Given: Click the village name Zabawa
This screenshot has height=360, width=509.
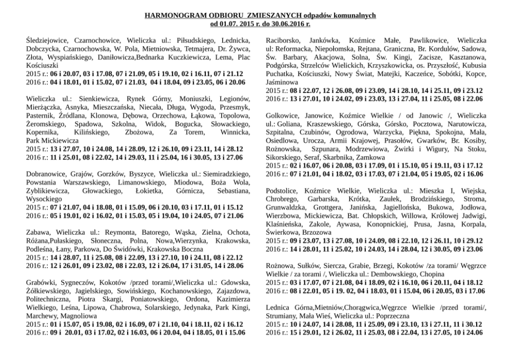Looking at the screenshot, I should pos(37,232).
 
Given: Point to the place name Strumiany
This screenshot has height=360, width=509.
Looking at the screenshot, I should pos(283,316).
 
